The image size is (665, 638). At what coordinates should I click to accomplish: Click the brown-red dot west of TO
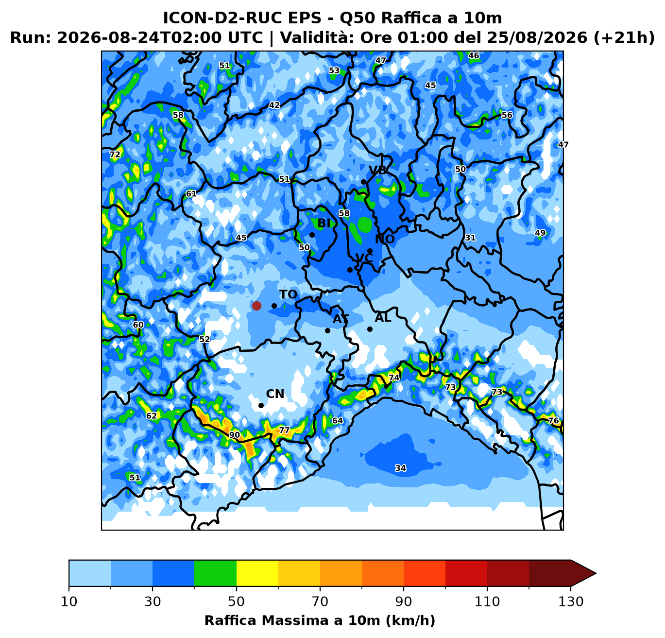pyautogui.click(x=256, y=306)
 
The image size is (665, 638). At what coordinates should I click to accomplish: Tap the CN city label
pyautogui.click(x=275, y=394)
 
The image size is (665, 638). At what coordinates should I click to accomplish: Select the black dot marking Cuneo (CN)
pyautogui.click(x=261, y=406)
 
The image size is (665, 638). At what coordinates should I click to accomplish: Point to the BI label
pyautogui.click(x=324, y=223)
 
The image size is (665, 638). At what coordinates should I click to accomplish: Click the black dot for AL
pyautogui.click(x=370, y=329)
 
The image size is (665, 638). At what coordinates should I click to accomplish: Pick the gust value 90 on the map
pyautogui.click(x=235, y=435)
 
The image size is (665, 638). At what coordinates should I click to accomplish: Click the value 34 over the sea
pyautogui.click(x=401, y=468)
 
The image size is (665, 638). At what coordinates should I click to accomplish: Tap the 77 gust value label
pyautogui.click(x=284, y=430)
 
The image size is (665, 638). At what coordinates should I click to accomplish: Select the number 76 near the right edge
pyautogui.click(x=554, y=420)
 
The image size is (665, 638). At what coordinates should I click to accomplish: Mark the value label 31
pyautogui.click(x=470, y=238)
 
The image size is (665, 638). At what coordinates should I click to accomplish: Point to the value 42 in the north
pyautogui.click(x=274, y=105)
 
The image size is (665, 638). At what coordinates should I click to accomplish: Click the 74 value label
pyautogui.click(x=394, y=378)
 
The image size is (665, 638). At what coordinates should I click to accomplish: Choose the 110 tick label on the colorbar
pyautogui.click(x=487, y=602)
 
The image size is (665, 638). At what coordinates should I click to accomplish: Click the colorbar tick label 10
pyautogui.click(x=69, y=602)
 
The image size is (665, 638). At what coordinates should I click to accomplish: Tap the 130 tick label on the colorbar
pyautogui.click(x=570, y=602)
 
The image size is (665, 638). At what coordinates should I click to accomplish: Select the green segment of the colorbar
pyautogui.click(x=215, y=573)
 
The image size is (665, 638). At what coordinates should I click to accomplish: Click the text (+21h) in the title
pyautogui.click(x=624, y=37)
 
